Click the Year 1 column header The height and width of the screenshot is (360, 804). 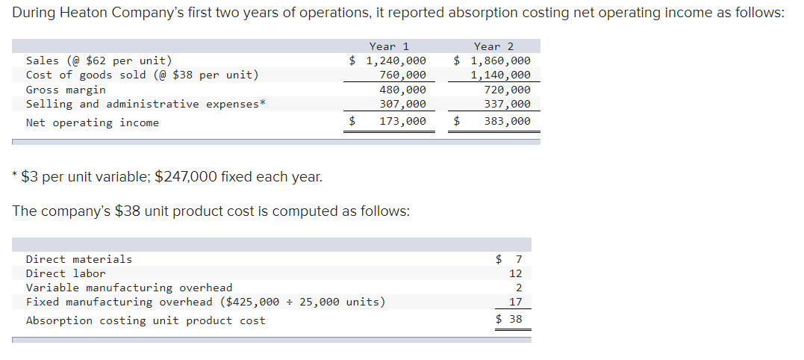point(389,46)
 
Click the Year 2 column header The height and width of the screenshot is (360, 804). point(493,46)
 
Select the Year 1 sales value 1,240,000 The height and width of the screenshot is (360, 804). point(396,60)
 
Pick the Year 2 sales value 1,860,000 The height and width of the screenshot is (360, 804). point(500,60)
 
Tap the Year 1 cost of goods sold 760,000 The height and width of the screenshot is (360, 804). point(403,75)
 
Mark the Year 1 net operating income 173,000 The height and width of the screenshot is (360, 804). point(403,121)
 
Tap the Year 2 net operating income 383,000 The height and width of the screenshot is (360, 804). point(508,121)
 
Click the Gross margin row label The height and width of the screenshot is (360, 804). point(66,90)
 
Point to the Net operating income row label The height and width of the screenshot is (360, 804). point(93,122)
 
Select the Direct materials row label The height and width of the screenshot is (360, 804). point(79,259)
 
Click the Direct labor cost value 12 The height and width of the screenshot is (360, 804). point(515,273)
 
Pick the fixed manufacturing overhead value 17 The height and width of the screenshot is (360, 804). point(515,302)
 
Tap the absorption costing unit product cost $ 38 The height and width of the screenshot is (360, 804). point(509,320)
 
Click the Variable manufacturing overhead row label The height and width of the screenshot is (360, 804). point(129,288)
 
